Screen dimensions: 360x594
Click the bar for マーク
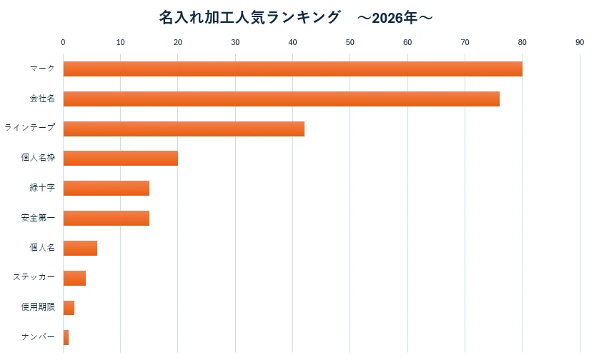292,69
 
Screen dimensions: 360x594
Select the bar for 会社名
281,99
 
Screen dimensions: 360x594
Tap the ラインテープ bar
184,129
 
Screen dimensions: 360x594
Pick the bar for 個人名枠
120,159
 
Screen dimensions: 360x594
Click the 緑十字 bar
106,189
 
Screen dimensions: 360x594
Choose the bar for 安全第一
106,218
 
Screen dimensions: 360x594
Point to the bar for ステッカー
74,278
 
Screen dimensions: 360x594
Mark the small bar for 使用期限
69,308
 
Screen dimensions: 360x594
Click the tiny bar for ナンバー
66,337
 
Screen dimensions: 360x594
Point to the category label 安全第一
38,218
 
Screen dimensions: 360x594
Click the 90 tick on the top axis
580,43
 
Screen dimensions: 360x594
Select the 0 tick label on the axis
63,43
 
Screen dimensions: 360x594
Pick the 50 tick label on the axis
350,43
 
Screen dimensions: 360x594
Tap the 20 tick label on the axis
178,43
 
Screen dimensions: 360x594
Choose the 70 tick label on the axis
465,43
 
